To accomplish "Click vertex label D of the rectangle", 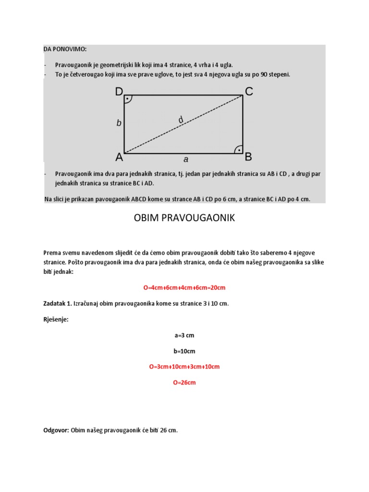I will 119,92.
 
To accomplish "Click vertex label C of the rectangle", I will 249,91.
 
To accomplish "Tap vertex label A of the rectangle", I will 119,157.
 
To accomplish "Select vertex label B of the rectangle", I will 248,157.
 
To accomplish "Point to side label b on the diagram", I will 119,123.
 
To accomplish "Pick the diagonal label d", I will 181,120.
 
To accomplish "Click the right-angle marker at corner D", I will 128,99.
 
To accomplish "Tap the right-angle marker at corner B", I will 238,149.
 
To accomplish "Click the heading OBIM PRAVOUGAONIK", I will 184,218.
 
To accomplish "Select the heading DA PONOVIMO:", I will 65,49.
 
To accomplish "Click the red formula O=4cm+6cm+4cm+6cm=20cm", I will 184,288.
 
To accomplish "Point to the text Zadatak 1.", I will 58,304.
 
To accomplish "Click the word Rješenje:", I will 56,320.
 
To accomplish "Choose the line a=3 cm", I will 184,335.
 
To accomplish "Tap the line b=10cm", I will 184,351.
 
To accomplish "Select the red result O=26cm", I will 184,383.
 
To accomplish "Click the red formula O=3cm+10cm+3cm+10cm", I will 184,367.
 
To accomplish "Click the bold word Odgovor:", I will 56,430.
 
